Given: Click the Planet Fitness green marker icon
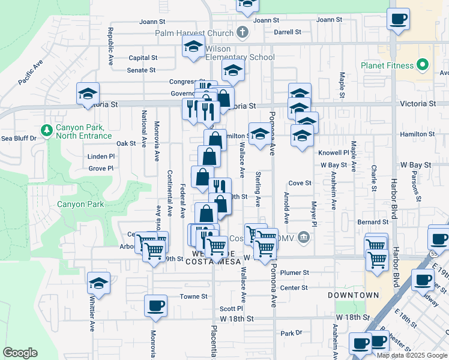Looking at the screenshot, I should coord(423,65).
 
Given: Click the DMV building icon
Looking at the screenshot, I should coord(304,238).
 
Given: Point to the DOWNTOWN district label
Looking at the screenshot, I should coord(354,295).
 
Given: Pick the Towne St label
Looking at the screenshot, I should coord(194,296).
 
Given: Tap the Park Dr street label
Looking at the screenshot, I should coord(291,332).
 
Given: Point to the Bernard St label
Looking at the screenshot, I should coord(369,222).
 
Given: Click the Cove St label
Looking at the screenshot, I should coord(300,183).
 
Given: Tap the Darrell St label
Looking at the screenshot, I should coord(287,32).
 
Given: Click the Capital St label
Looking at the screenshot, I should coord(143,58).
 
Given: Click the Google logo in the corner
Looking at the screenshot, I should coord(20,353).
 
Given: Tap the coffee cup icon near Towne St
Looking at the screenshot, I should coord(155,305).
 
